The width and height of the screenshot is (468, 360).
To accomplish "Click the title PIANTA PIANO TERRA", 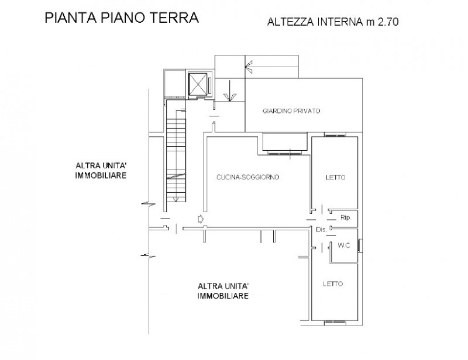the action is pyautogui.click(x=122, y=18).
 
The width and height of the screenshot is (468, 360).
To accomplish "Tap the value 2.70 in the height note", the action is pyautogui.click(x=388, y=22).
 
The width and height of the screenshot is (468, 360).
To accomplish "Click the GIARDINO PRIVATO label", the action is pyautogui.click(x=291, y=111).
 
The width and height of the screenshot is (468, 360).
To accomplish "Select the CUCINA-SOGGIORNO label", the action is pyautogui.click(x=247, y=177).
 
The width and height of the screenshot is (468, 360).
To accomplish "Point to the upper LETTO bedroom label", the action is pyautogui.click(x=335, y=178).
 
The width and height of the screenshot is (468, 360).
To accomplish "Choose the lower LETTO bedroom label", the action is pyautogui.click(x=333, y=284).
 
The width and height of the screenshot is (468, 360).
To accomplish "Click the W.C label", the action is pyautogui.click(x=344, y=245).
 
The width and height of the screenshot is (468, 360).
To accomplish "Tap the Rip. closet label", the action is pyautogui.click(x=345, y=218).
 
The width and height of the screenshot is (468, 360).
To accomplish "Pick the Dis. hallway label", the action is pyautogui.click(x=321, y=230).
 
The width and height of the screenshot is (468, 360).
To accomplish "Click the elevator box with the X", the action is pyautogui.click(x=198, y=84).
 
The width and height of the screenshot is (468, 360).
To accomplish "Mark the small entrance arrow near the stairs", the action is pyautogui.click(x=201, y=219).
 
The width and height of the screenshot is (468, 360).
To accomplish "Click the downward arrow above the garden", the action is pyautogui.click(x=229, y=91).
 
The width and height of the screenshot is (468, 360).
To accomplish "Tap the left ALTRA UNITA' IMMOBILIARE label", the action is pyautogui.click(x=101, y=170).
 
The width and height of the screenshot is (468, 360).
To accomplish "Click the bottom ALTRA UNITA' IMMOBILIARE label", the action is pyautogui.click(x=223, y=291).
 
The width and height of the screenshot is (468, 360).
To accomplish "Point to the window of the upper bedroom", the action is pyautogui.click(x=335, y=136).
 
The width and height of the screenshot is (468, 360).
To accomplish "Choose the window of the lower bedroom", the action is pyautogui.click(x=335, y=322).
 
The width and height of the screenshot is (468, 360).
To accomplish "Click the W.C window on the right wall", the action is pyautogui.click(x=360, y=245).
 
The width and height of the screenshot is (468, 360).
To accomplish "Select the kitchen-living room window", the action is pyautogui.click(x=285, y=153).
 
